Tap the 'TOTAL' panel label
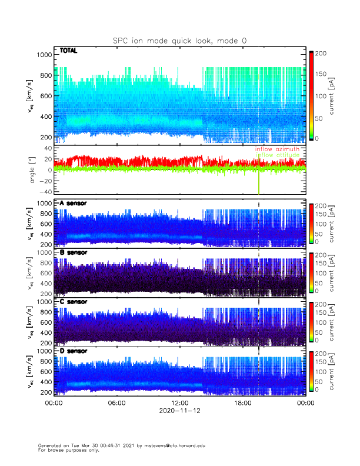pyautogui.click(x=69, y=52)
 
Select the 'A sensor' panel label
pyautogui.click(x=73, y=203)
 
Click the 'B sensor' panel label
pyautogui.click(x=73, y=252)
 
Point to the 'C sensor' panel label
pyautogui.click(x=73, y=302)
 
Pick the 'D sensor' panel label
pyautogui.click(x=73, y=351)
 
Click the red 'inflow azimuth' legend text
pyautogui.click(x=277, y=149)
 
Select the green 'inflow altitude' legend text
pyautogui.click(x=277, y=155)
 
